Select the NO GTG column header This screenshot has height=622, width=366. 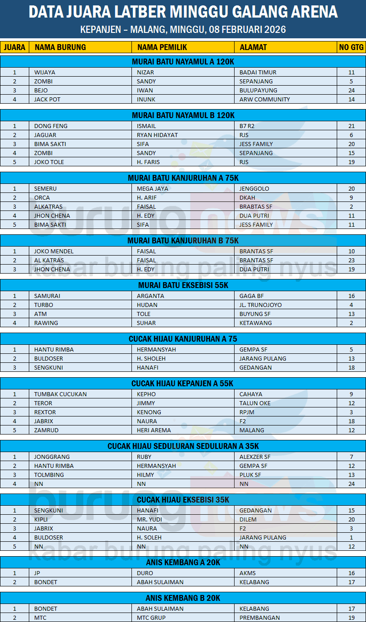(351, 47)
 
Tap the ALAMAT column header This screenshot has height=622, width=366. (253, 47)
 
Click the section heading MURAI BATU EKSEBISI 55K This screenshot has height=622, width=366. (183, 285)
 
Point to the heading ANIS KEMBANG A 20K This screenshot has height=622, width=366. (183, 563)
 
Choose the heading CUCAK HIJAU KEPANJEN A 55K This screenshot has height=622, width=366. (183, 384)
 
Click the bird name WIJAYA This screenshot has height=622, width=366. (45, 72)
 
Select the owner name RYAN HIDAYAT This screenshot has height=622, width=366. (157, 135)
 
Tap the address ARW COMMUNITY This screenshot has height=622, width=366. (265, 99)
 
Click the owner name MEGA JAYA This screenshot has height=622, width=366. (153, 188)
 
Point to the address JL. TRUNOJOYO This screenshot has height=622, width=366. (261, 305)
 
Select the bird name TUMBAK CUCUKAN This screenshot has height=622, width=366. (60, 394)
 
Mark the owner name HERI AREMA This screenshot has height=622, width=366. (154, 430)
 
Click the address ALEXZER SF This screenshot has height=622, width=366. (255, 457)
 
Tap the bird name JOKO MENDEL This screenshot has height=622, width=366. (54, 251)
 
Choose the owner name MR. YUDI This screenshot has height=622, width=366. (149, 519)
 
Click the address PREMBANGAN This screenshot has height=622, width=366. (260, 617)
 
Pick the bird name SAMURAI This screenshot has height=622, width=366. (47, 296)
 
